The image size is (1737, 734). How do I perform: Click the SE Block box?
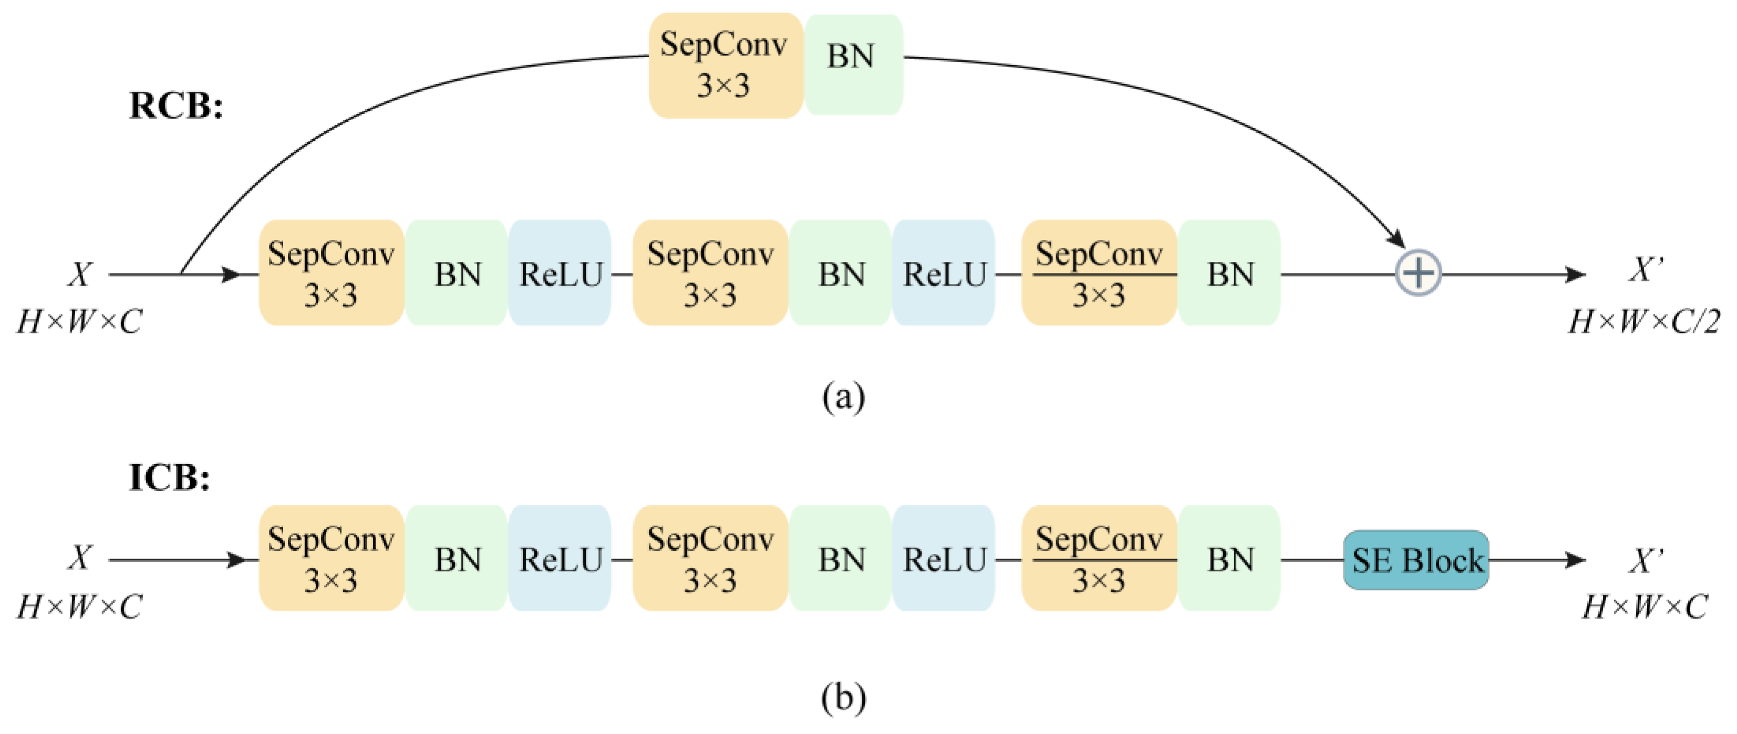point(1415,560)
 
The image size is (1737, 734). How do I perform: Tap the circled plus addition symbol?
point(1418,273)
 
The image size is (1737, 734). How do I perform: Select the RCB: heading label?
point(176,106)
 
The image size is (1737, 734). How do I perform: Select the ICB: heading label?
point(169,478)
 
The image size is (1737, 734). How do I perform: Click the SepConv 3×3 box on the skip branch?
point(726,66)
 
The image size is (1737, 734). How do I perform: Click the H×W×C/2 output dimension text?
point(1644,322)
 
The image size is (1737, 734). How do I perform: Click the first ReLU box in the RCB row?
point(560,273)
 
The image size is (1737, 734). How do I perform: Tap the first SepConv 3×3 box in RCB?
point(331,273)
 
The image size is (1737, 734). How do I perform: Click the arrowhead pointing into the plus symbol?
point(1397,239)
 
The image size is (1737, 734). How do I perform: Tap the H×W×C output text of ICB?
point(1644,607)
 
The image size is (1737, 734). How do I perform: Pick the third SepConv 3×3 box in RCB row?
point(1099,273)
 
